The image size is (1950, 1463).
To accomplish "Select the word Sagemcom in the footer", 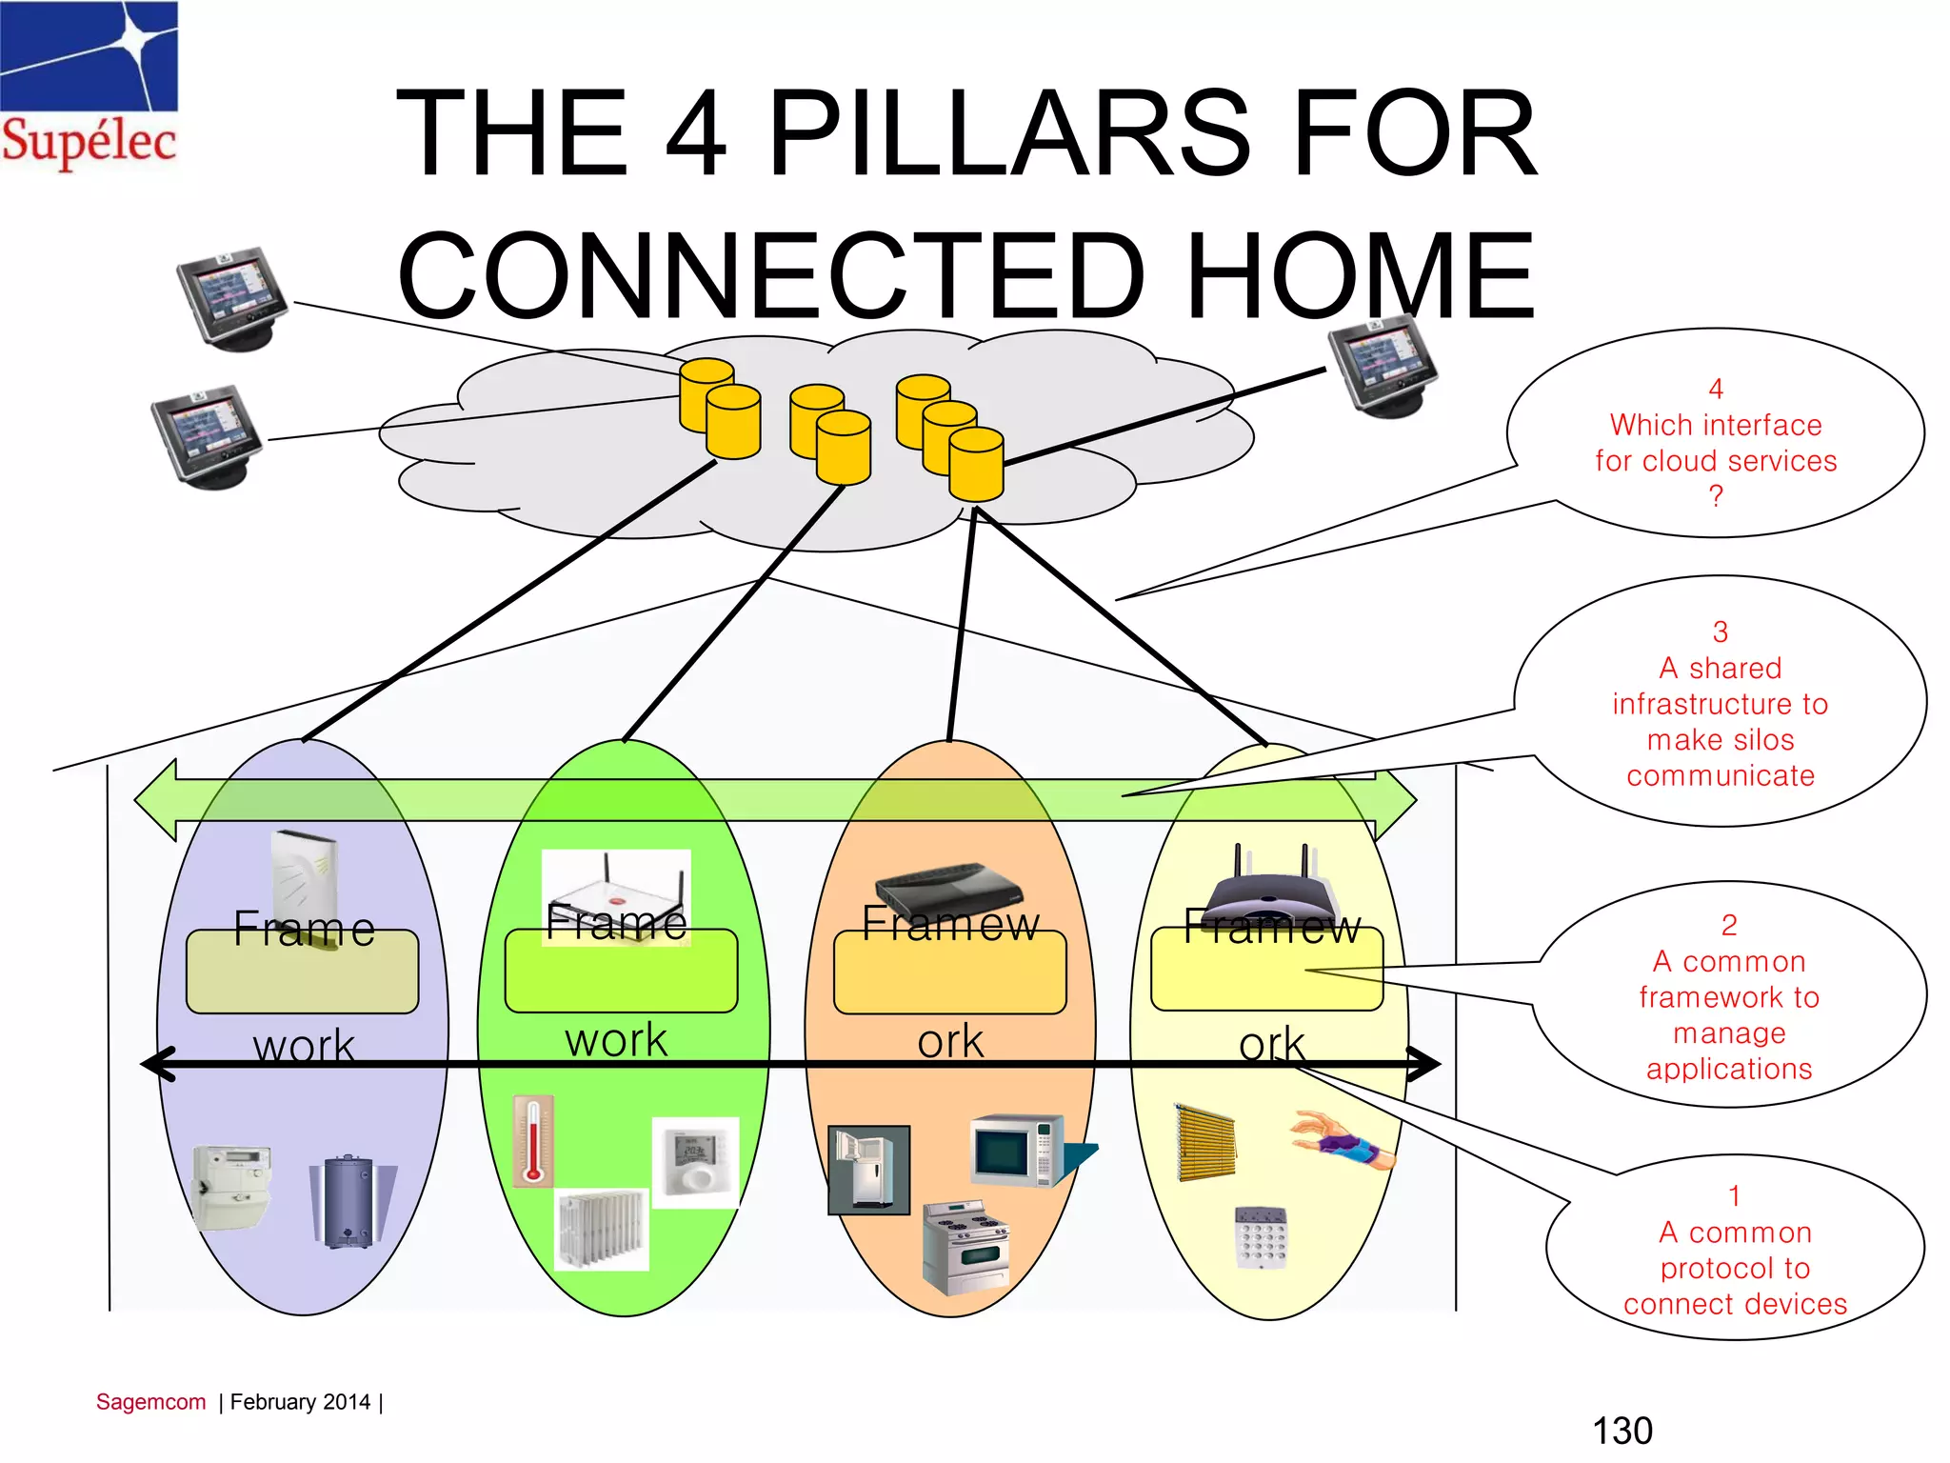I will pyautogui.click(x=150, y=1402).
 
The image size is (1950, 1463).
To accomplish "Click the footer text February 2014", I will pyautogui.click(x=300, y=1402).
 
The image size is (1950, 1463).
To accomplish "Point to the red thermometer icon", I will pyautogui.click(x=533, y=1140).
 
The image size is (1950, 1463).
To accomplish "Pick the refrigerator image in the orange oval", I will pyautogui.click(x=868, y=1170).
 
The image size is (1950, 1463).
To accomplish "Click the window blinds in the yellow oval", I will pyautogui.click(x=1205, y=1143).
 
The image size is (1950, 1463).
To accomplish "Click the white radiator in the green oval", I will pyautogui.click(x=602, y=1229).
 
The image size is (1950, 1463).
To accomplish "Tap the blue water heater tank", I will pyautogui.click(x=350, y=1202).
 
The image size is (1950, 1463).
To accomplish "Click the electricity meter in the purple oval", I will pyautogui.click(x=232, y=1187).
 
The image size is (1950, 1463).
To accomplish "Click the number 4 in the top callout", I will pyautogui.click(x=1716, y=389).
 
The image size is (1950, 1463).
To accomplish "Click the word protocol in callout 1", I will pyautogui.click(x=1706, y=1269).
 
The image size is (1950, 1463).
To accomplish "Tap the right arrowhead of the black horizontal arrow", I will pyautogui.click(x=1425, y=1064).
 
